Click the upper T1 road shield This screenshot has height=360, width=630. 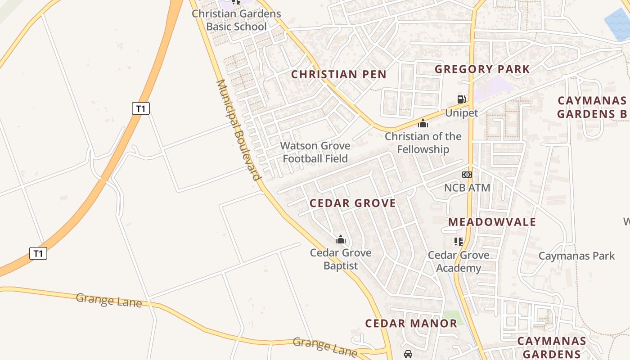coord(140,108)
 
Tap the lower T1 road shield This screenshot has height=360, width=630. coord(38,253)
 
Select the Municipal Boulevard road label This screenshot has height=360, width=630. coord(238,130)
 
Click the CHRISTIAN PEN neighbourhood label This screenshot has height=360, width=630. coord(339,74)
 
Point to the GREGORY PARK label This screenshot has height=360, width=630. coord(482,69)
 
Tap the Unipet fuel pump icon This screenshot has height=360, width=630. coord(461,99)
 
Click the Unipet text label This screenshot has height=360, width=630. coord(461,112)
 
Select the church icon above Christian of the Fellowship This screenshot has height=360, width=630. coord(423,123)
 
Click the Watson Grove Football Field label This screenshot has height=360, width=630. coord(315,152)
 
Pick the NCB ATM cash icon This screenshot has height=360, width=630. coord(467,175)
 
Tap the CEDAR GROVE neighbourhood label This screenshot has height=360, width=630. coord(353,203)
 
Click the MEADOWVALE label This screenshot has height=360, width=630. coord(492,222)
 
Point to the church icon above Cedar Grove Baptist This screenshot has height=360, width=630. coord(341,239)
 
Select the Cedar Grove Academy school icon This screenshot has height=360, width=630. coord(459,242)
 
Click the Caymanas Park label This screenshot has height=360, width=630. coord(576,256)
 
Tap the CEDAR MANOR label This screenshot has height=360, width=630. coord(411,323)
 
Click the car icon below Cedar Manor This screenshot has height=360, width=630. coord(408,354)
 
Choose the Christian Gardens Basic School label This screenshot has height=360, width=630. coord(236,20)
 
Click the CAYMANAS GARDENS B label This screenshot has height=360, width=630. coord(592,107)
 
